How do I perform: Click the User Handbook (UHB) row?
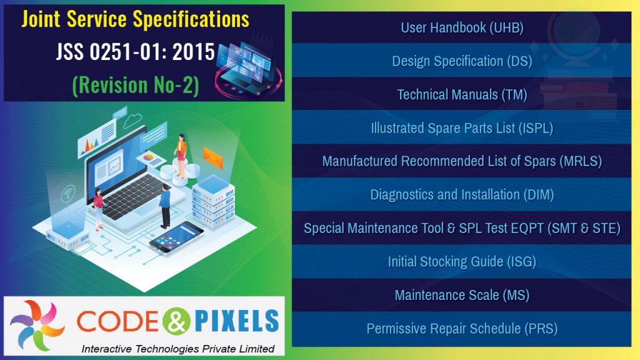tap(462, 27)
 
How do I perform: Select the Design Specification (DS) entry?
tap(462, 61)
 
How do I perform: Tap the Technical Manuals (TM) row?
tap(462, 94)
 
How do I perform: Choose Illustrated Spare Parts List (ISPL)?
tap(462, 128)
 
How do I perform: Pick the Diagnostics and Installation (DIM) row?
tap(462, 194)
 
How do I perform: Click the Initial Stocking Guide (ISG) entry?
tap(462, 261)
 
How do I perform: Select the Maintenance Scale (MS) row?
tap(462, 295)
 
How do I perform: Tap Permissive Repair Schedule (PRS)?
tap(462, 328)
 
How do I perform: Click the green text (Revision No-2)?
tap(136, 85)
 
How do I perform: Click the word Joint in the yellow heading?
tap(42, 19)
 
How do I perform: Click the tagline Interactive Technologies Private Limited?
tap(178, 348)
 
